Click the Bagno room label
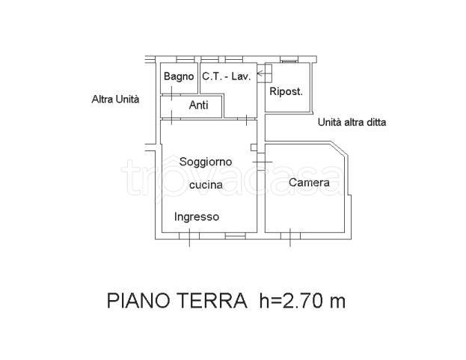[179, 76]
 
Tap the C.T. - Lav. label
[225, 76]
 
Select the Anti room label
[198, 106]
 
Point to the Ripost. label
[286, 92]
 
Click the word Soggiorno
[205, 162]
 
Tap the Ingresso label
[197, 217]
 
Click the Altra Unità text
[115, 99]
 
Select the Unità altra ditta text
[352, 123]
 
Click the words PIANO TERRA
[177, 302]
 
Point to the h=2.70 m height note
[303, 302]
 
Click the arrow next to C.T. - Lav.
[263, 74]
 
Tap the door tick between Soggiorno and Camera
[263, 162]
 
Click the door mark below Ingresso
[188, 238]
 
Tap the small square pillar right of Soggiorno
[254, 147]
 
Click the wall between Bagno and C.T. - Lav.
[198, 76]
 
